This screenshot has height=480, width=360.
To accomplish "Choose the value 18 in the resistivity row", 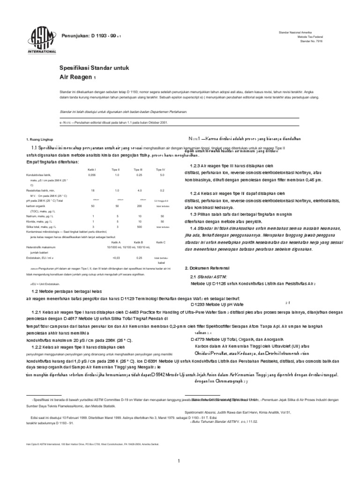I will [92, 191].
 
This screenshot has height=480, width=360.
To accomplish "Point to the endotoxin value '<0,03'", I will [116, 257].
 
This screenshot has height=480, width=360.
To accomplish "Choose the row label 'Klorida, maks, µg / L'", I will [45, 221].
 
